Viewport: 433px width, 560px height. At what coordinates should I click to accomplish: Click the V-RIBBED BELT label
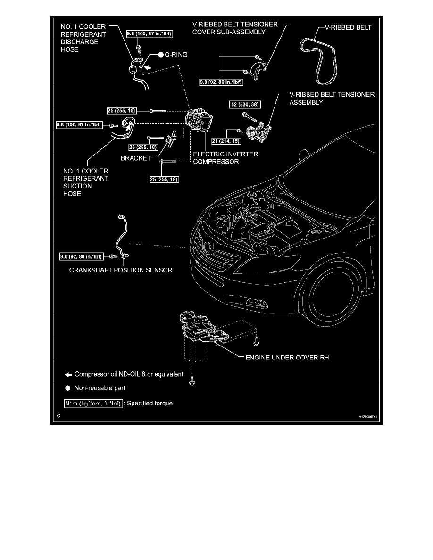tap(349, 28)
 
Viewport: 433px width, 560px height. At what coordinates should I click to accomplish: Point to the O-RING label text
tap(175, 55)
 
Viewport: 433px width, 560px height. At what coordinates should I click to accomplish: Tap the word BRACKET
tap(137, 159)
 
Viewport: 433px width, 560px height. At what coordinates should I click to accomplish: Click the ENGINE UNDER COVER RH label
tap(287, 358)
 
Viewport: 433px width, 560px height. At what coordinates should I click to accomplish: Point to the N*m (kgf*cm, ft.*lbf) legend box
tap(93, 403)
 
